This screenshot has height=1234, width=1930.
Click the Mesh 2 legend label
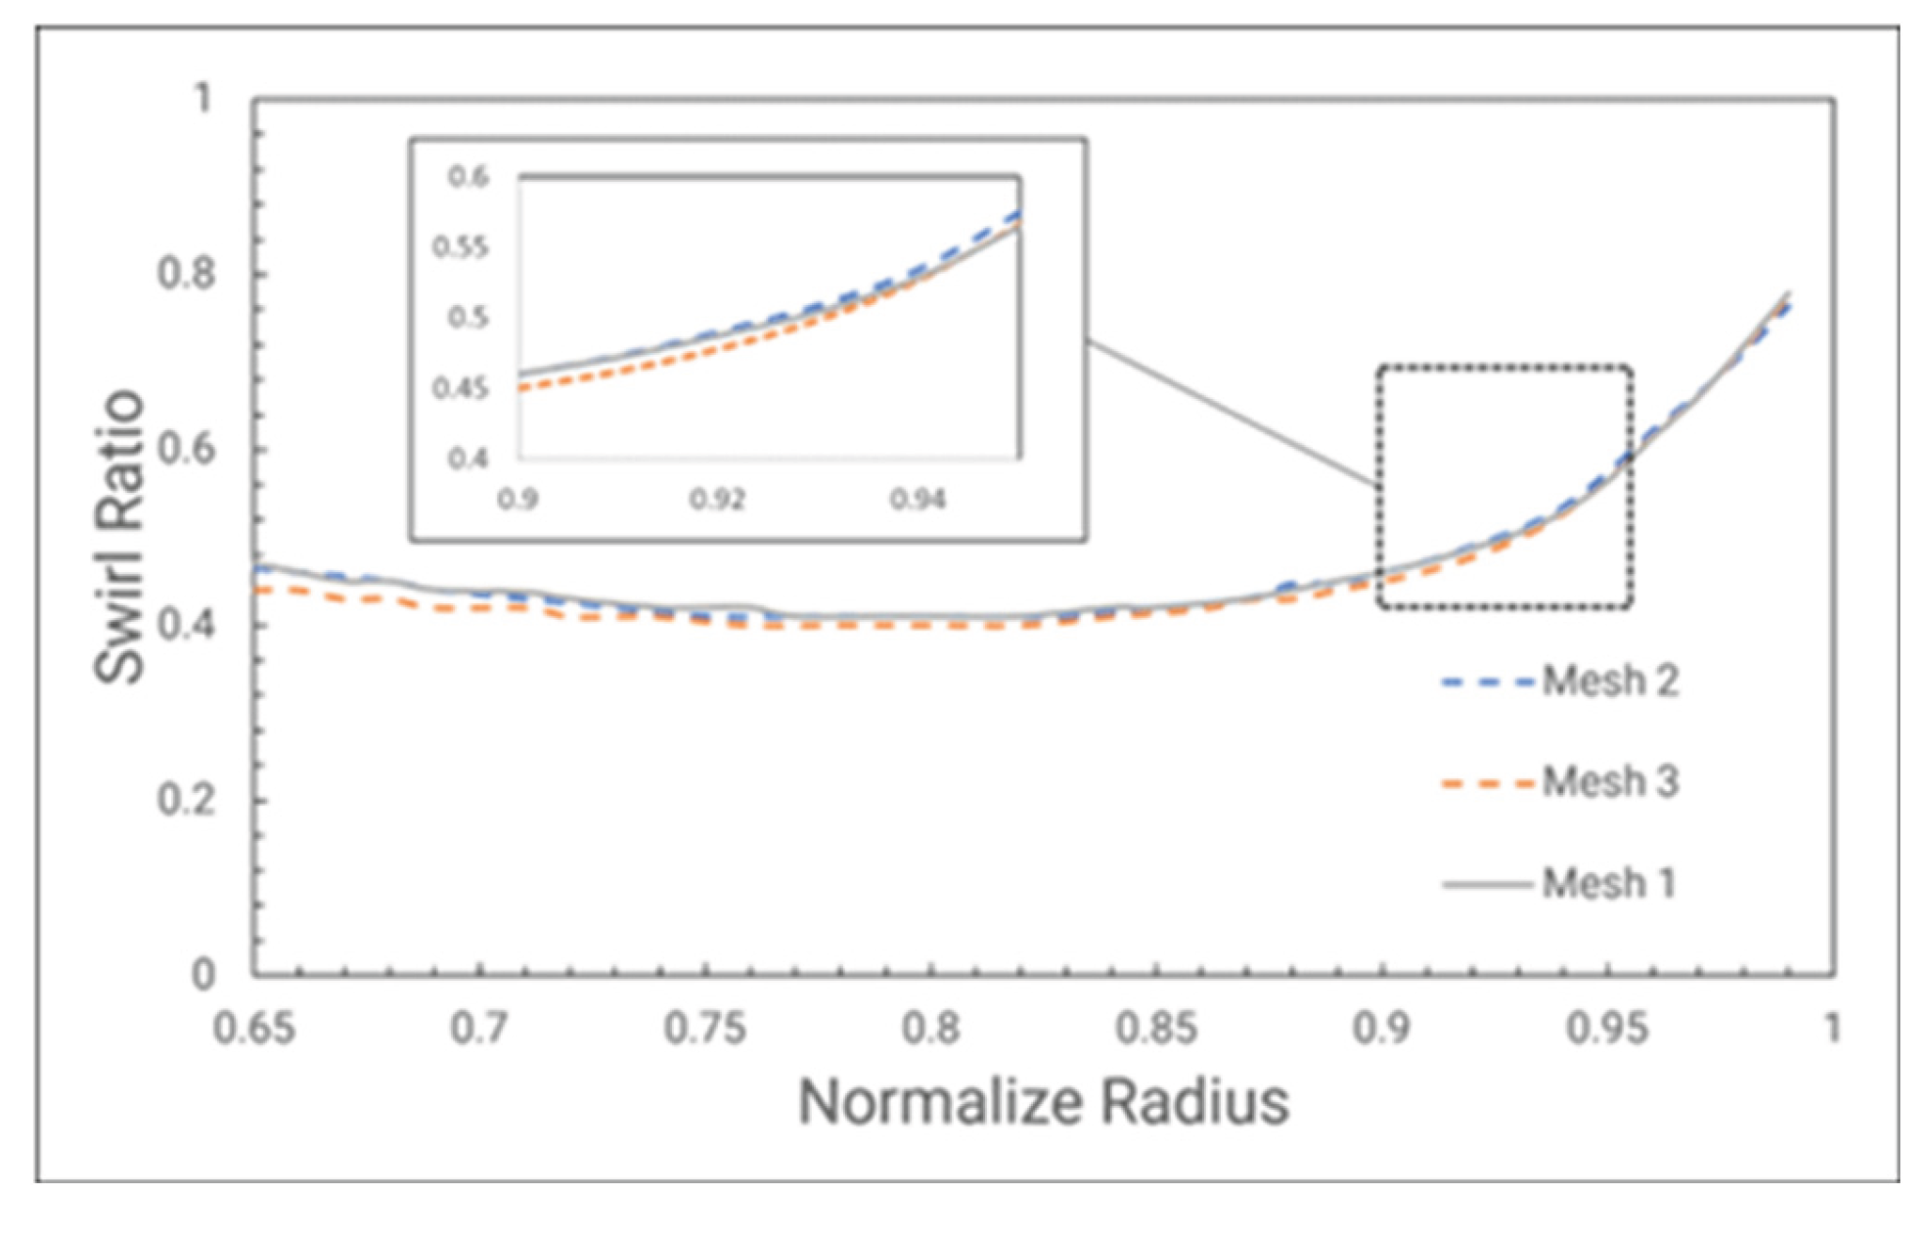pyautogui.click(x=1610, y=682)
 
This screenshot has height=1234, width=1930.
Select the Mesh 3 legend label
pyautogui.click(x=1610, y=782)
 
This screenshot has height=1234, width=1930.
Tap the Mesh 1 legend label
pyautogui.click(x=1608, y=884)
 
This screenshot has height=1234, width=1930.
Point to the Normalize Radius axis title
pyautogui.click(x=1043, y=1103)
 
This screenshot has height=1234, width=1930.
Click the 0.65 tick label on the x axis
pyautogui.click(x=253, y=1029)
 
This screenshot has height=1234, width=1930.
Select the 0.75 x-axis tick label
pyautogui.click(x=704, y=1029)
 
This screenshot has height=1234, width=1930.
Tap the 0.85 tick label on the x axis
pyautogui.click(x=1156, y=1029)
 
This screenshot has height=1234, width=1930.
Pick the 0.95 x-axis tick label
pyautogui.click(x=1607, y=1029)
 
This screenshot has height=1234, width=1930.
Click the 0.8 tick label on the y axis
pyautogui.click(x=186, y=274)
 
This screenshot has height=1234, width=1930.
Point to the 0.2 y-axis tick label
pyautogui.click(x=186, y=800)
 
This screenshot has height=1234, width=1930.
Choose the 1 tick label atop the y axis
pyautogui.click(x=202, y=99)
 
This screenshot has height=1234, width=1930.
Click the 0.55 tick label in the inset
pyautogui.click(x=461, y=247)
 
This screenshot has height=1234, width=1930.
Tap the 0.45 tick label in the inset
pyautogui.click(x=461, y=388)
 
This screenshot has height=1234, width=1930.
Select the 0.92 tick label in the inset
pyautogui.click(x=717, y=500)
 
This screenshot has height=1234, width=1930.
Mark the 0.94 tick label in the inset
pyautogui.click(x=918, y=500)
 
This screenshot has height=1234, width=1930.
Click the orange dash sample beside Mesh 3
pyautogui.click(x=1487, y=783)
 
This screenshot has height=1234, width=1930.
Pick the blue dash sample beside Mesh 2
pyautogui.click(x=1487, y=683)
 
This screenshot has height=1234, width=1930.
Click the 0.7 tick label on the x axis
pyautogui.click(x=479, y=1029)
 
